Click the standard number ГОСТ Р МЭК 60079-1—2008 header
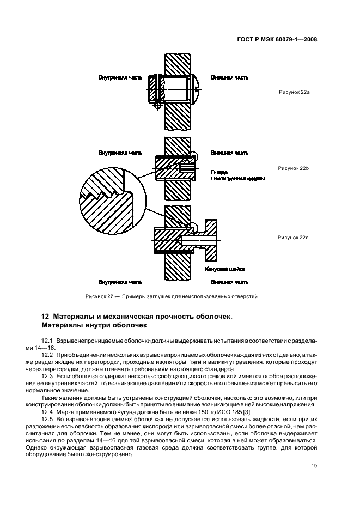[x=277, y=39]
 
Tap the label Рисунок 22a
[x=294, y=93]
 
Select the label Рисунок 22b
[x=294, y=169]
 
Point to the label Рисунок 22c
[x=294, y=238]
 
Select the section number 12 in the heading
[x=46, y=317]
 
